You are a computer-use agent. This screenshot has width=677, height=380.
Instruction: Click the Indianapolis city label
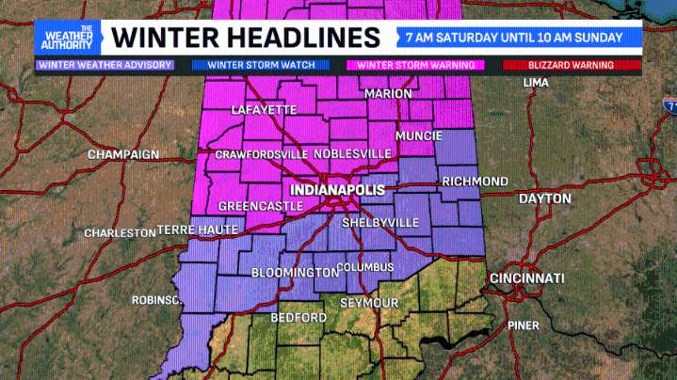pyautogui.click(x=338, y=190)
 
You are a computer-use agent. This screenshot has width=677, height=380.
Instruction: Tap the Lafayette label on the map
pyautogui.click(x=265, y=110)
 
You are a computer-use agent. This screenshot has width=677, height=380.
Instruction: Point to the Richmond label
pyautogui.click(x=475, y=181)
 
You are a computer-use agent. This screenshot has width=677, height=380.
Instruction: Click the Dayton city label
pyautogui.click(x=544, y=198)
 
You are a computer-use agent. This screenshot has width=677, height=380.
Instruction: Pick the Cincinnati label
pyautogui.click(x=526, y=278)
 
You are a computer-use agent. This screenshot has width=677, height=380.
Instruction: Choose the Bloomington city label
pyautogui.click(x=294, y=273)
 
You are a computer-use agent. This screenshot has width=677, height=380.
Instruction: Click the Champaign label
pyautogui.click(x=123, y=154)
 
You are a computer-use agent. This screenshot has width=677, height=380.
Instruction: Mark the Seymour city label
pyautogui.click(x=369, y=302)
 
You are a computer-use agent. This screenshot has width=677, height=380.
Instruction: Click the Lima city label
pyautogui.click(x=536, y=84)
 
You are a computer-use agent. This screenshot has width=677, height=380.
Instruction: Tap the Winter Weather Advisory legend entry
pyautogui.click(x=104, y=65)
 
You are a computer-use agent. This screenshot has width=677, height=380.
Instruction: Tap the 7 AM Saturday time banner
pyautogui.click(x=513, y=38)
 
